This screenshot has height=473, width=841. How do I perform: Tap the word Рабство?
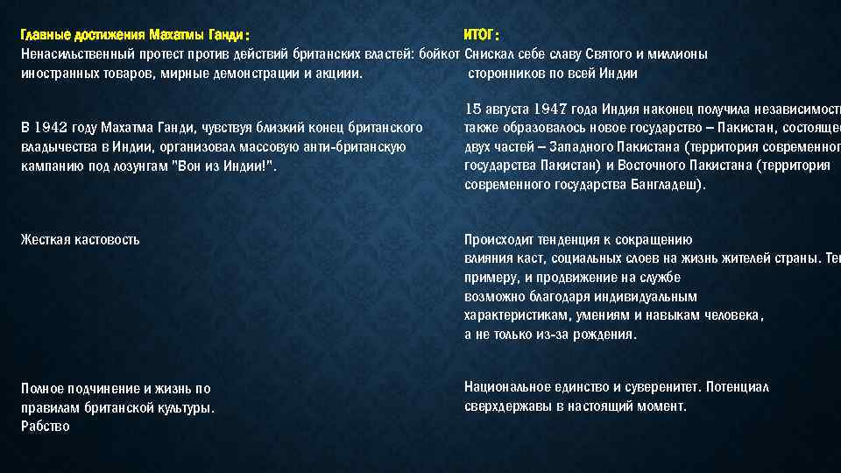[45, 426]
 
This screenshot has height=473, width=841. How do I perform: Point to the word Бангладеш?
[665, 185]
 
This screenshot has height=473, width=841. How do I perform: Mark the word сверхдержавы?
[505, 406]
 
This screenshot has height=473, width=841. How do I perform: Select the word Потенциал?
[738, 386]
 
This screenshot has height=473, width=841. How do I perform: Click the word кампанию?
[50, 166]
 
